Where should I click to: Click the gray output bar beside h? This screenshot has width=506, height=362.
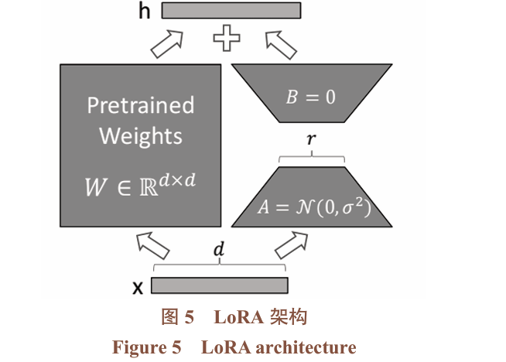point(231,11)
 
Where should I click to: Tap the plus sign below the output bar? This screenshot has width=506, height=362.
point(227,38)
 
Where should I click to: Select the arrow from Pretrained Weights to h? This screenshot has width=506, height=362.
point(168,43)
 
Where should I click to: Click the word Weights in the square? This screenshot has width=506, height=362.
point(141,137)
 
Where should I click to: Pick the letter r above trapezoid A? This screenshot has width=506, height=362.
point(311,142)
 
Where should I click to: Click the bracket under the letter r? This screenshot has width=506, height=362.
point(311,158)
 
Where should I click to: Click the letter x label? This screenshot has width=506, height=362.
point(138,287)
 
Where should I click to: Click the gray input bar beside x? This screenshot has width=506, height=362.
point(220,285)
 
